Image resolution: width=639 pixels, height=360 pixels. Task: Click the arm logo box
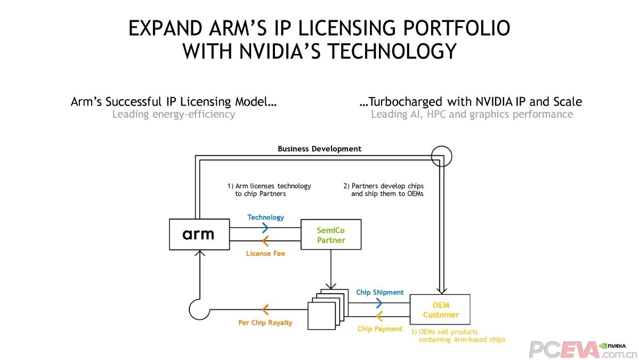(199, 234)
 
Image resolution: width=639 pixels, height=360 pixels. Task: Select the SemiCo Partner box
(331, 235)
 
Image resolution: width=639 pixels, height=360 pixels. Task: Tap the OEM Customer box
(440, 309)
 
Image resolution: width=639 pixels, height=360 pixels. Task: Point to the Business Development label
(319, 149)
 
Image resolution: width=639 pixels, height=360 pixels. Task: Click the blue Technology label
(265, 217)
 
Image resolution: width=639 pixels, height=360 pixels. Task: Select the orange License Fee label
(265, 253)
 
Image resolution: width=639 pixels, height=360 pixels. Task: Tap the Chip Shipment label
(379, 292)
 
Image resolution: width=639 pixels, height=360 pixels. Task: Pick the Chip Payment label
(379, 329)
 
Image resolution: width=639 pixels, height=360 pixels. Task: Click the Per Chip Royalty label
(265, 323)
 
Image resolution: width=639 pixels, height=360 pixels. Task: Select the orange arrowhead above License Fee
(264, 241)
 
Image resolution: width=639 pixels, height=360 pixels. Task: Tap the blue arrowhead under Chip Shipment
(379, 303)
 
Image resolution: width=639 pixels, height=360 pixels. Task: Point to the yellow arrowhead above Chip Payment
(379, 316)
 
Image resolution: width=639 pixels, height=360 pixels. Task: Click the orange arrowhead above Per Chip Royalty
(265, 309)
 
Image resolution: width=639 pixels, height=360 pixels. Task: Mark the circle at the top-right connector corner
(441, 156)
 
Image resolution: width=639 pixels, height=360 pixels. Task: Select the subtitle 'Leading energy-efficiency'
(173, 114)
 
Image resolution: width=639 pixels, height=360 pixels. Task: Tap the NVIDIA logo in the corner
(612, 346)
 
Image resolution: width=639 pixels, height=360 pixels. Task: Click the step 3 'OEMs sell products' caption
(457, 335)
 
